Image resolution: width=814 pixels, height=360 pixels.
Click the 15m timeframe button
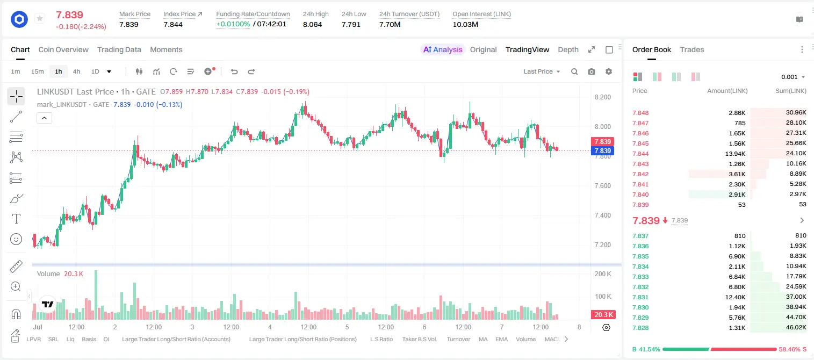click(38, 71)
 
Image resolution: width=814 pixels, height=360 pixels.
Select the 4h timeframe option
click(76, 71)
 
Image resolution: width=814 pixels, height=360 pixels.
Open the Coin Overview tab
click(63, 49)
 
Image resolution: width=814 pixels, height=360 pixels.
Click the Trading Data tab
click(119, 49)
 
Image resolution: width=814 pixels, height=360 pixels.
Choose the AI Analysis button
click(443, 49)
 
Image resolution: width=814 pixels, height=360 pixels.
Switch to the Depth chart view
click(568, 49)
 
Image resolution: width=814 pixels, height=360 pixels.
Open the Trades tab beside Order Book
click(692, 49)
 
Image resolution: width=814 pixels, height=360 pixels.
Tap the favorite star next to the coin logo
click(40, 18)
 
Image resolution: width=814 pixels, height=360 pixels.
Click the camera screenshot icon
click(592, 71)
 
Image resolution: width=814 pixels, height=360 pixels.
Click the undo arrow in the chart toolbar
click(234, 71)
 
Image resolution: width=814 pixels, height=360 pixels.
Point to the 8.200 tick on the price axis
click(602, 97)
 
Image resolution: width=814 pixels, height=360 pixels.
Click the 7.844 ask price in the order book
click(640, 154)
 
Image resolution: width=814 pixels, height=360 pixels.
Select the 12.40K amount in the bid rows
click(735, 297)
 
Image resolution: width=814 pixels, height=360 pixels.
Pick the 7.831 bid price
click(640, 297)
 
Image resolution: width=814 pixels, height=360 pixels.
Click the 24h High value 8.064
click(313, 24)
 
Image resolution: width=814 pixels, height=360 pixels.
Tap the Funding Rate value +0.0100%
click(233, 24)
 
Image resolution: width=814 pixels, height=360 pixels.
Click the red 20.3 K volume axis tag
click(602, 314)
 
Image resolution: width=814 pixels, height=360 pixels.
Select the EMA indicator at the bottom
click(501, 339)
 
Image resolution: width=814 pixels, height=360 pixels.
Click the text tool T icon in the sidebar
click(16, 219)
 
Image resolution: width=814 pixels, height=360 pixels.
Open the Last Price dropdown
click(542, 71)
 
